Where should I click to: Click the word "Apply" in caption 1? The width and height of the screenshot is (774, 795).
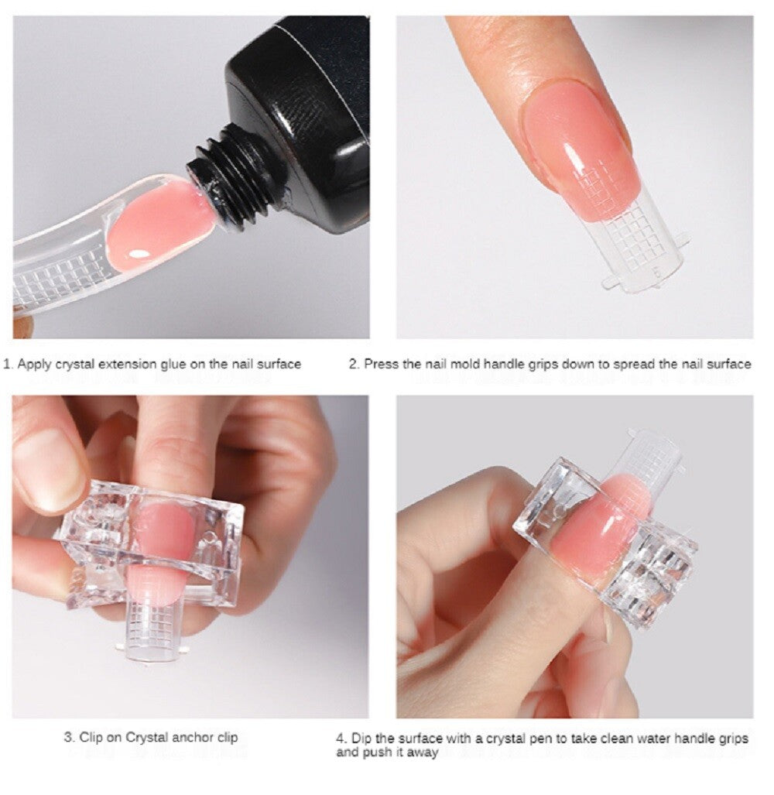click(33, 363)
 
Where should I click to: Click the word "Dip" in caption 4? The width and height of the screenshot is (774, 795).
click(361, 738)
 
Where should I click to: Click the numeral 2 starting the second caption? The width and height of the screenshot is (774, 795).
click(351, 363)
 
